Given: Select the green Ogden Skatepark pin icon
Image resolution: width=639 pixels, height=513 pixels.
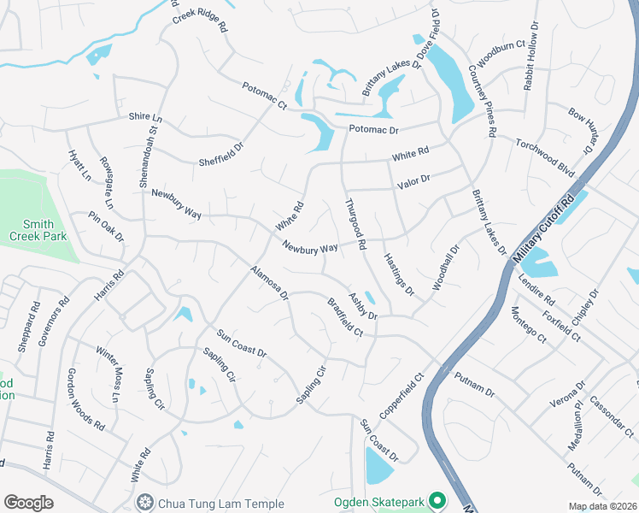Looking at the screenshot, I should (x=438, y=500).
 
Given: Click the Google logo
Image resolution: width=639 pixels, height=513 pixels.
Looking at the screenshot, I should (x=28, y=502).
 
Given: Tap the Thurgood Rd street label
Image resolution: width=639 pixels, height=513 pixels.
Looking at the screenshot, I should (x=355, y=224).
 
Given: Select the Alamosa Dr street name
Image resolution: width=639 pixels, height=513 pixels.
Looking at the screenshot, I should (x=269, y=283).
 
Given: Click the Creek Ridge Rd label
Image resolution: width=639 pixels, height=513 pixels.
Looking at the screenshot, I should (x=199, y=21).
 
